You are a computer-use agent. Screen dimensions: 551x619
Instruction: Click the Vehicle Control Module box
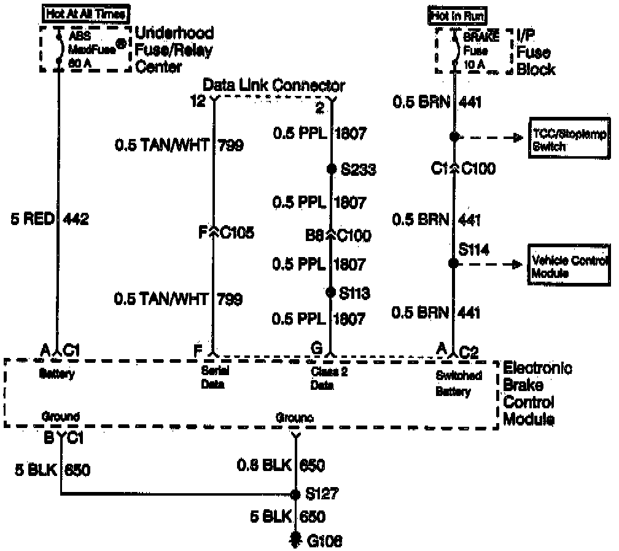pos(569,266)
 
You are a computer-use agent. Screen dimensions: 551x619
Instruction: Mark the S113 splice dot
pos(332,292)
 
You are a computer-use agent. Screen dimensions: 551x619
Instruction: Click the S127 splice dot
pos(296,494)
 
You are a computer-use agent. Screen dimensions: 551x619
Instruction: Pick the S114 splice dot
pos(453,263)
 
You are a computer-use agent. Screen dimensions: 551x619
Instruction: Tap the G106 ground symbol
pos(296,539)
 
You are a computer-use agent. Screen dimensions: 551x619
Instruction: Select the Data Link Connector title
pos(274,85)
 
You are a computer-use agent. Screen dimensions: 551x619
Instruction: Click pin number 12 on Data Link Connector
pos(198,102)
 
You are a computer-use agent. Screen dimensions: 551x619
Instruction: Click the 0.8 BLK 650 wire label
pos(281,466)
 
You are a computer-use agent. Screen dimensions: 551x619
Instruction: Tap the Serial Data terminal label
pos(212,378)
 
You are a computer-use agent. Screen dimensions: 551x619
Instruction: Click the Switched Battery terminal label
pos(458,384)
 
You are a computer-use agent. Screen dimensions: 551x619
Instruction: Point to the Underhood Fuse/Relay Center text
pos(174,50)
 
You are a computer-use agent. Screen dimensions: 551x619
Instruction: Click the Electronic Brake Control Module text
pos(537,394)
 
